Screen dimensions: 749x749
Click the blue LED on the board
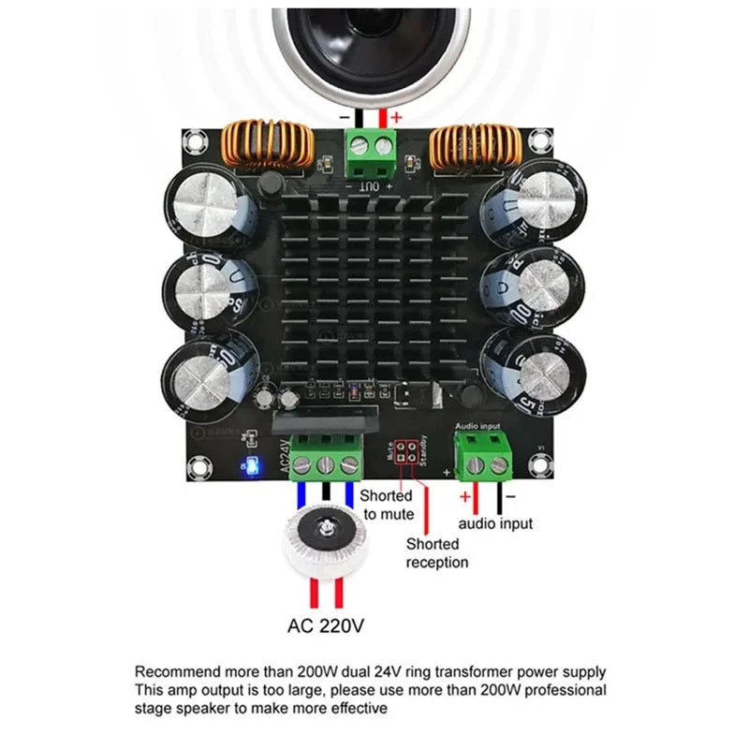coord(250,465)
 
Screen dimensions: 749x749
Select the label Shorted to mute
coord(387,505)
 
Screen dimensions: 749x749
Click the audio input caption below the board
coord(495,523)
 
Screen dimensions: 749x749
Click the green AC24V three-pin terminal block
coord(326,457)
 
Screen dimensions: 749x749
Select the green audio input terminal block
coord(484,456)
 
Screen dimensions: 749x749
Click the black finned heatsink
coord(373,290)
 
